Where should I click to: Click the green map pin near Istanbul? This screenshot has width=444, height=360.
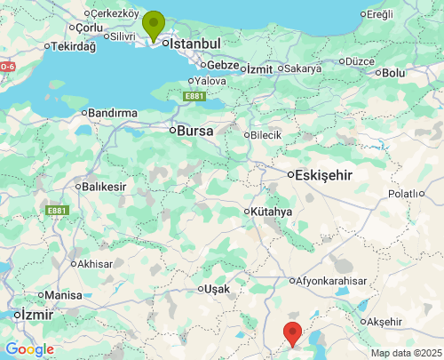[154, 25]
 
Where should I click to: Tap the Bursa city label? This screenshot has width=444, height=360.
[194, 130]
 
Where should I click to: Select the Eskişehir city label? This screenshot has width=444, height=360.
[325, 175]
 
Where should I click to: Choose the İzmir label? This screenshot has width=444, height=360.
[38, 315]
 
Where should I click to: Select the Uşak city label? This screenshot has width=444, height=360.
[216, 290]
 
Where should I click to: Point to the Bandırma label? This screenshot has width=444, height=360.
[113, 113]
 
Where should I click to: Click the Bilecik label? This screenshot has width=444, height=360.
[266, 135]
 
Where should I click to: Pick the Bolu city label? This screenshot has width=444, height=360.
[392, 73]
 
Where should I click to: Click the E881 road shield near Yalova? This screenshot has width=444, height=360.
[194, 96]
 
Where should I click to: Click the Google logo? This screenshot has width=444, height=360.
[29, 349]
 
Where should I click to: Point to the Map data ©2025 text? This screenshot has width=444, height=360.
[405, 353]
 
